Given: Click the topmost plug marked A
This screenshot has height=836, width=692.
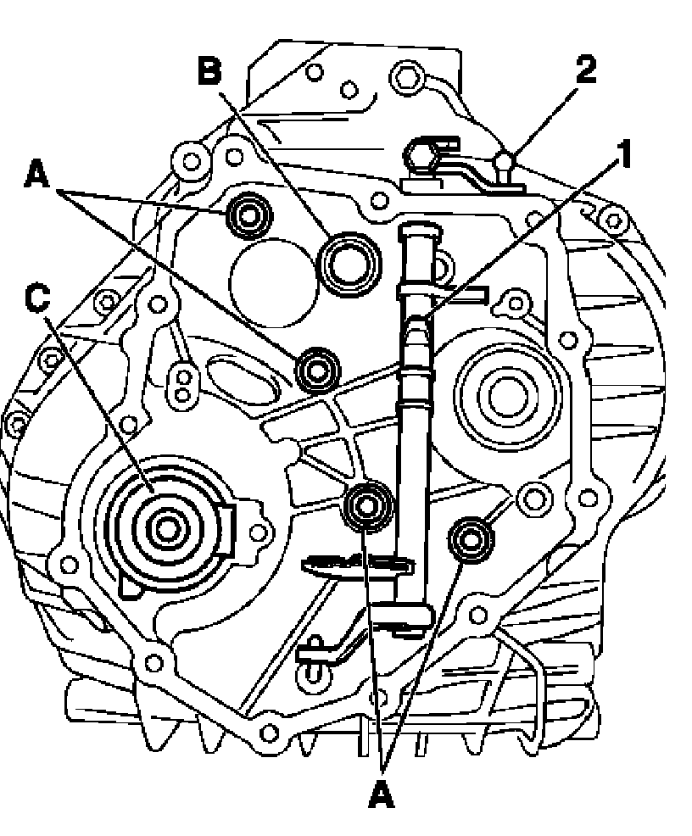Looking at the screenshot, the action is (248, 215).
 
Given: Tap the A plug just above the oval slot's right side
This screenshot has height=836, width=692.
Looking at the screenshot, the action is (320, 369).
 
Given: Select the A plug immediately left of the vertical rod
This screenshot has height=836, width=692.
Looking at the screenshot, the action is (367, 506).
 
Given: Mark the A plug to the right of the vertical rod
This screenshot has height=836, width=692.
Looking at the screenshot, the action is (469, 538).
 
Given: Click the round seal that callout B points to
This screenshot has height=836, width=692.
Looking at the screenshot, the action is (344, 264).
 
